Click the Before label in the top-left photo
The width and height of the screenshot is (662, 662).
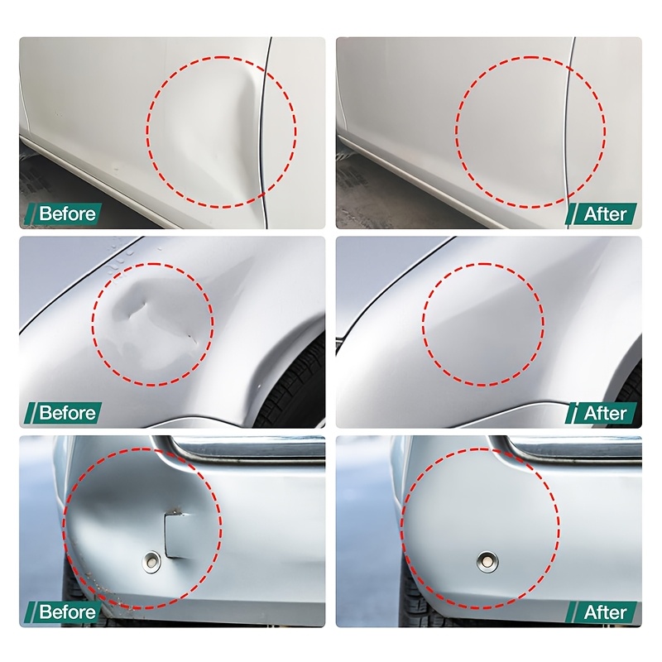(x=68, y=213)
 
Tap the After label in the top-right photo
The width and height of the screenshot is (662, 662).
(x=605, y=214)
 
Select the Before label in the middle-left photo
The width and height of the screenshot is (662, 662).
(x=68, y=412)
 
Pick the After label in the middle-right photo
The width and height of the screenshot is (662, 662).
(x=605, y=413)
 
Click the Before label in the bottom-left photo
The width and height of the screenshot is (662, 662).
(x=68, y=612)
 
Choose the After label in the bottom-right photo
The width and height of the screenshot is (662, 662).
(x=605, y=612)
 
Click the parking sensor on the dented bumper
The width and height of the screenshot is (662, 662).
(x=151, y=562)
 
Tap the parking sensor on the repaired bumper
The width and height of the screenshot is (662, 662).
(x=487, y=562)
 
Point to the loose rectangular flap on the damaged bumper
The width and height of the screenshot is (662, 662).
(x=177, y=535)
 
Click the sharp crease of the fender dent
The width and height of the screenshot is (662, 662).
(x=137, y=307)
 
